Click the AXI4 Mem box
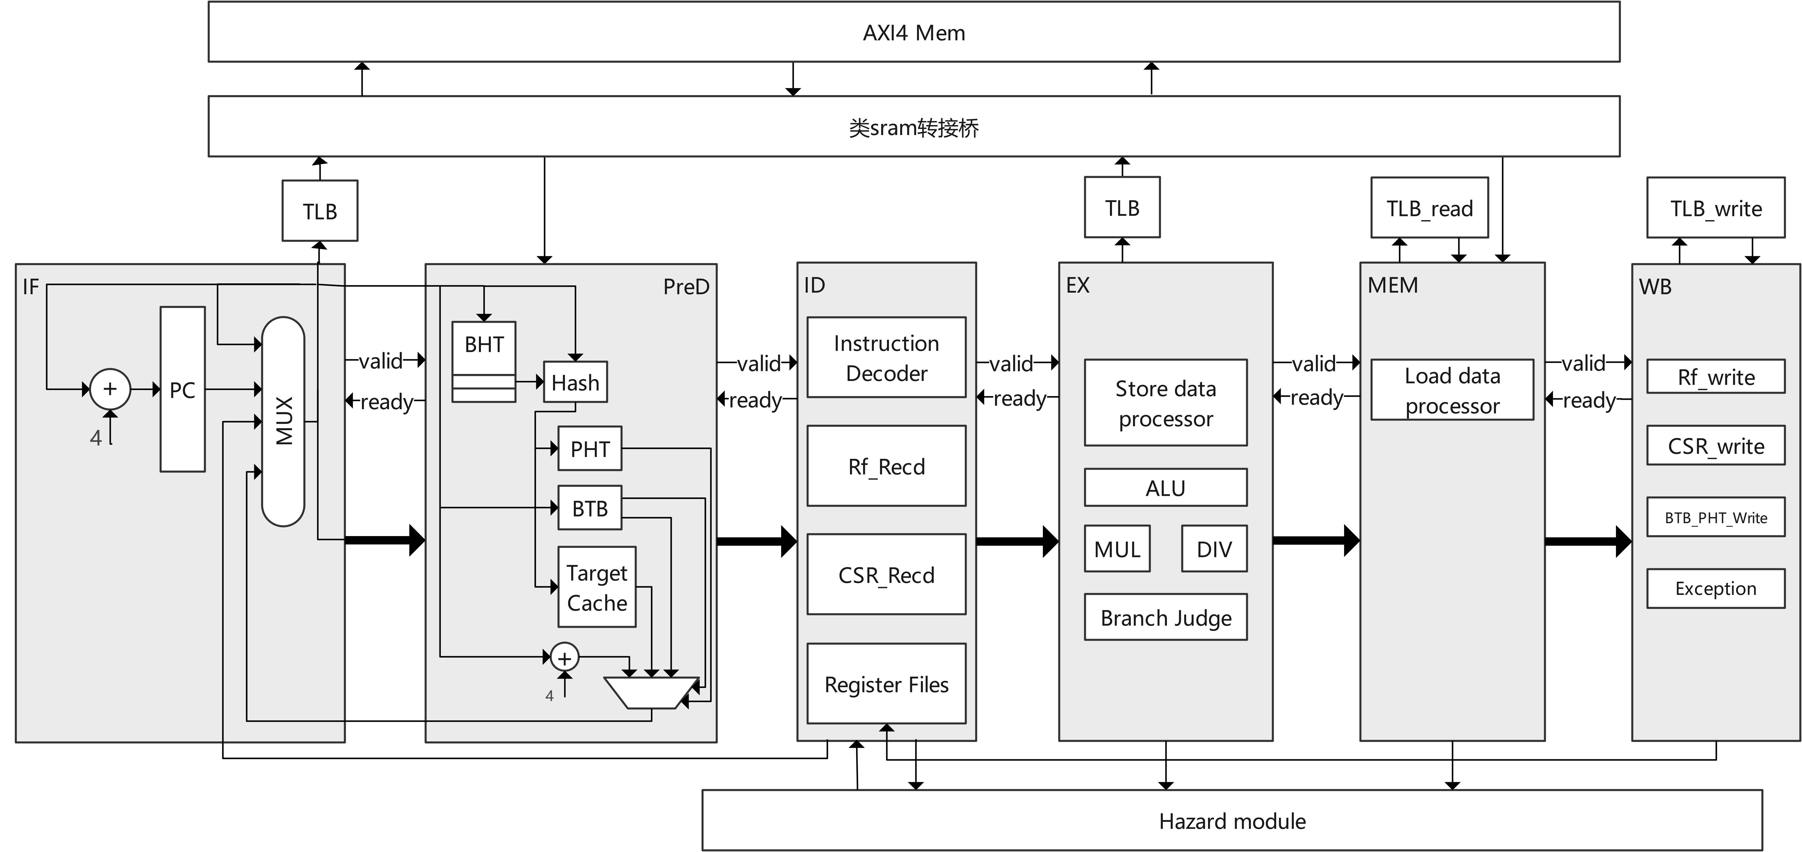click(914, 32)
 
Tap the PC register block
click(183, 389)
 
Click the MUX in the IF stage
click(283, 421)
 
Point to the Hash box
click(575, 382)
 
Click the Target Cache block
click(597, 587)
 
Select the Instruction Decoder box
click(886, 358)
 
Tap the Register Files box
click(886, 684)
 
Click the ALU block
click(1165, 488)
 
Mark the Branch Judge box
click(1165, 617)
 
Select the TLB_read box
click(1429, 208)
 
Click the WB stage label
click(1655, 286)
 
